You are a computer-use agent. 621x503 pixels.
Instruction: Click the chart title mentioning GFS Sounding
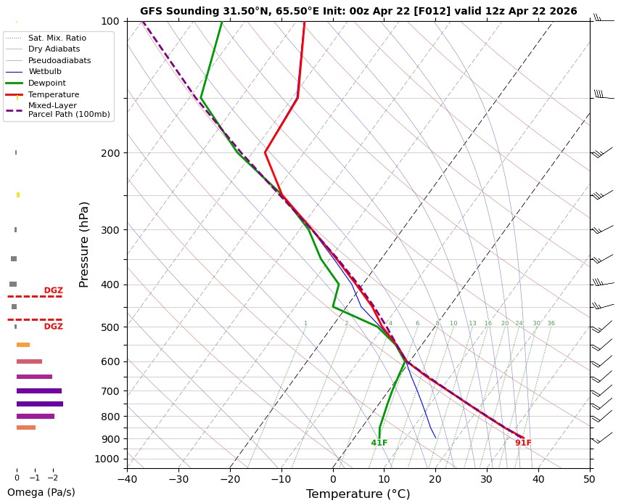pos(358,11)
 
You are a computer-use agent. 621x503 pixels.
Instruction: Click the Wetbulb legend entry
pos(45,72)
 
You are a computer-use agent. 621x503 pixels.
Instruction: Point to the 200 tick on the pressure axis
pos(110,153)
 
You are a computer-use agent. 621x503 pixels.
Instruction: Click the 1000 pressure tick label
pos(107,459)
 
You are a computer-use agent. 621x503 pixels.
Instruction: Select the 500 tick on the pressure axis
pos(110,327)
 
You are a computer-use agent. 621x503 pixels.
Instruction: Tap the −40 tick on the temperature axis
pos(127,479)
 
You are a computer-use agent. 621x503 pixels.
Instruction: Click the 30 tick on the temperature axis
pos(487,479)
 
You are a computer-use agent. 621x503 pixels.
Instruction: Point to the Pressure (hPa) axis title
pos(84,244)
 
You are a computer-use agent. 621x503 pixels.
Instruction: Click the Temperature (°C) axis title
pos(358,494)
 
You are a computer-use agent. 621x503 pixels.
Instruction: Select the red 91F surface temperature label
pos(523,443)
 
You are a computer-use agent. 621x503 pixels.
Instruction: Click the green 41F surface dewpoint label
pos(379,443)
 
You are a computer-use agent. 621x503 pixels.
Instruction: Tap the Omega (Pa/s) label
pos(41,492)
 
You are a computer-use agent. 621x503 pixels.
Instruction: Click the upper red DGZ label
pos(54,290)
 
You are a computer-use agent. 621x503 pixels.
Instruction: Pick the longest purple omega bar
pos(40,404)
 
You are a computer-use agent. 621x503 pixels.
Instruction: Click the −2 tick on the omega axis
pos(52,478)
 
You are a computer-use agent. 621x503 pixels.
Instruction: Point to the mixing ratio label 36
pos(551,323)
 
